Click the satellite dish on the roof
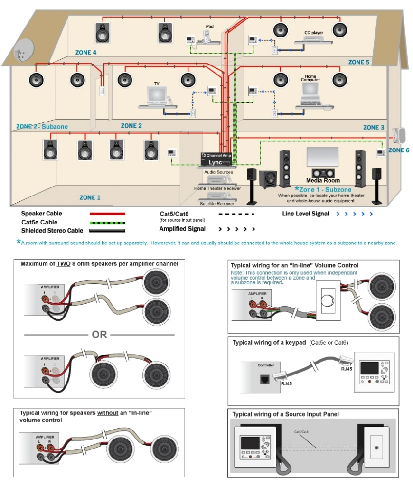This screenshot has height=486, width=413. (21, 50)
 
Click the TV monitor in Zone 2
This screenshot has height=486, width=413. (156, 95)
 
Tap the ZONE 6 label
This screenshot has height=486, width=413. (398, 150)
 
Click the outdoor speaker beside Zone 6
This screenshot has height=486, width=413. (398, 135)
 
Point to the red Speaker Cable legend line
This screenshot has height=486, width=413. (107, 214)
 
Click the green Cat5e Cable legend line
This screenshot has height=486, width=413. (107, 222)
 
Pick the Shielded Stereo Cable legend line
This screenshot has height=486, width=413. (107, 231)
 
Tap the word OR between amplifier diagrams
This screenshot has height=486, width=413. (100, 335)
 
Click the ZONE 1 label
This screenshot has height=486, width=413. (90, 197)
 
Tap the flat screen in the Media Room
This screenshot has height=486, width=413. (322, 157)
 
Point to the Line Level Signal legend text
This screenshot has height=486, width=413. (306, 214)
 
